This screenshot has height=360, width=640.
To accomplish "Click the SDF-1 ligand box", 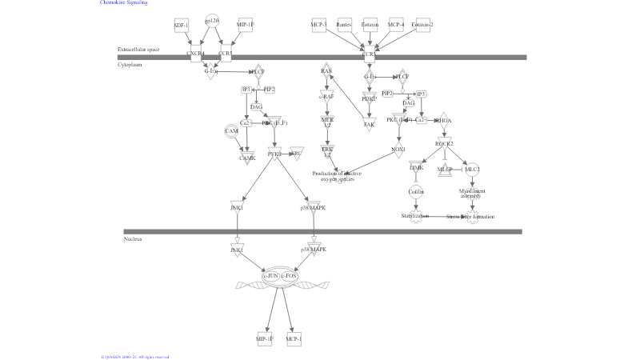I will (181, 26).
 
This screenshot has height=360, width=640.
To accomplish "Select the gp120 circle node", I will (212, 22).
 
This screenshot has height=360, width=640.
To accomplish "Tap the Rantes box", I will (344, 26).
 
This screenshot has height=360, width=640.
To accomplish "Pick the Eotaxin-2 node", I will (422, 26).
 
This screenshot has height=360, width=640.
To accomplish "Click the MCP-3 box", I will (318, 26).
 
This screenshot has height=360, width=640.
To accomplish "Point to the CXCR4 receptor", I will (195, 54).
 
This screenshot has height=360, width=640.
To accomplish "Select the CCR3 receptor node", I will (369, 55).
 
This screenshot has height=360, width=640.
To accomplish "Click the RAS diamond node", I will (326, 71).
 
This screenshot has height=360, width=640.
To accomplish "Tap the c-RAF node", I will (326, 96).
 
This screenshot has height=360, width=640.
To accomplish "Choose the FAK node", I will (369, 124).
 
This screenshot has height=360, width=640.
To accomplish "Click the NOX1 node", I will (398, 150).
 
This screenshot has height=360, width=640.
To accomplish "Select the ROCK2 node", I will (445, 143).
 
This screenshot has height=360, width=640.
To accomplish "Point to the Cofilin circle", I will (416, 192).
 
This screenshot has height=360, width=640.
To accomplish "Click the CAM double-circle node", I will (232, 131).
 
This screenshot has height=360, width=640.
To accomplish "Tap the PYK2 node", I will (274, 154).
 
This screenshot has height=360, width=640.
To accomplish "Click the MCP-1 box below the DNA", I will (294, 339).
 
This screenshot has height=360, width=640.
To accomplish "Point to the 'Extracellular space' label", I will (138, 50).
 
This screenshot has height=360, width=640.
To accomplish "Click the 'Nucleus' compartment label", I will (133, 239).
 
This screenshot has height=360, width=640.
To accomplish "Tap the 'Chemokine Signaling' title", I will (124, 3).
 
